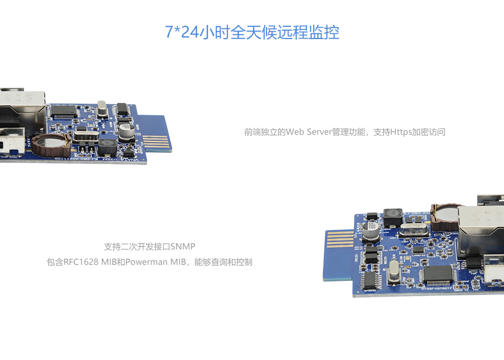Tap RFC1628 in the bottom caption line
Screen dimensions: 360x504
[x=81, y=262]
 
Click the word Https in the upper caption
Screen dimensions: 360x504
[x=401, y=132]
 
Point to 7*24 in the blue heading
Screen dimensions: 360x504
[x=181, y=32]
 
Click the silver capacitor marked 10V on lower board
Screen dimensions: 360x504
[x=372, y=230]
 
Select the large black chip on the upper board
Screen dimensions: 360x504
[x=64, y=111]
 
